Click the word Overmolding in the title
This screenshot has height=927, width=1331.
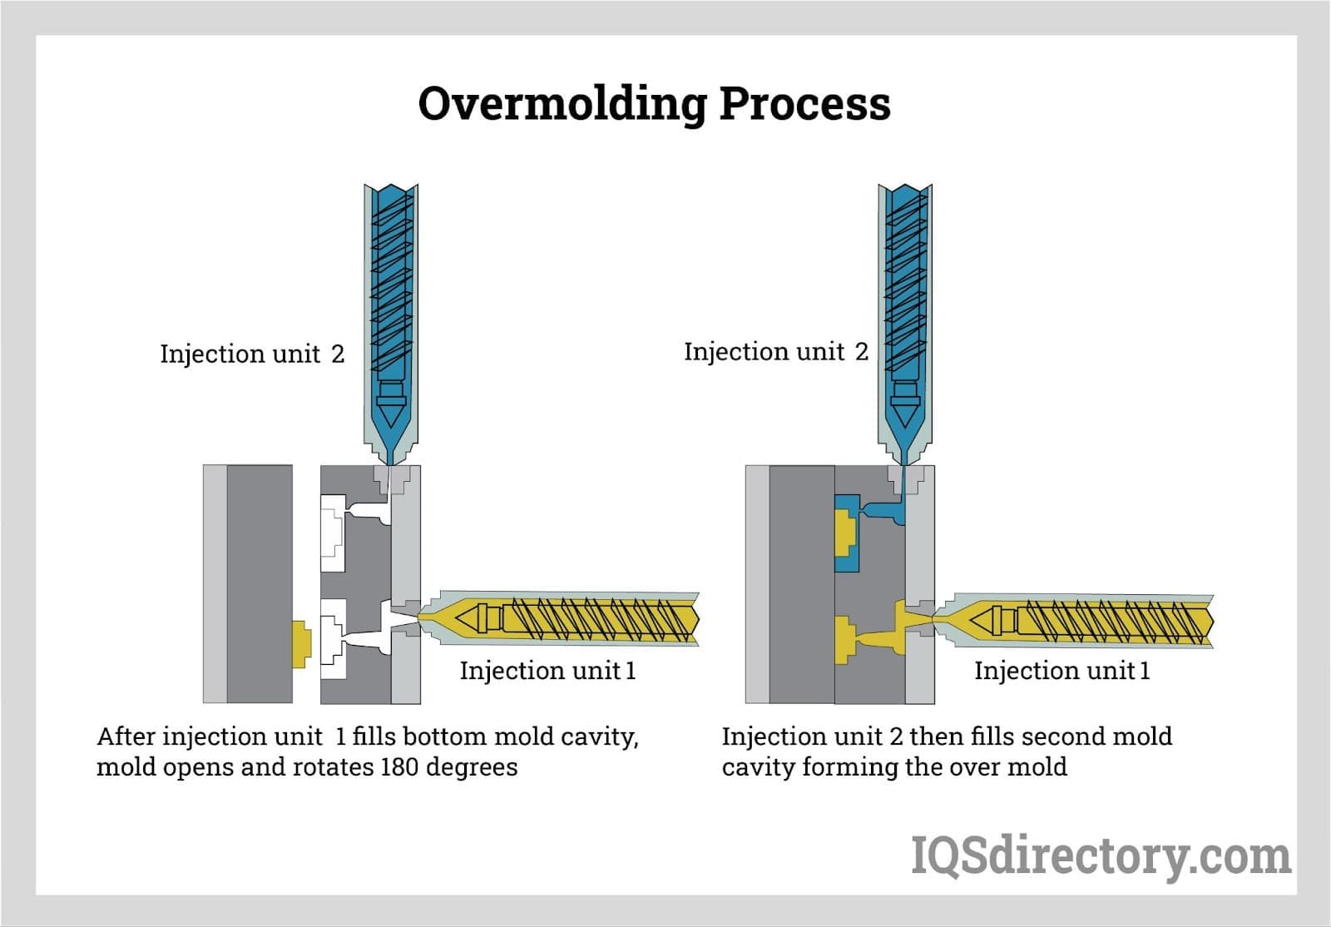(x=562, y=105)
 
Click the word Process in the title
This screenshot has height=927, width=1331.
(x=804, y=105)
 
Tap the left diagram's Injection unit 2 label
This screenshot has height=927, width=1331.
(x=251, y=354)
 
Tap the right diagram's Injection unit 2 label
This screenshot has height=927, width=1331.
(x=775, y=352)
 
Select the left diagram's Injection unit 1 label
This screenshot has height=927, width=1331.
(x=547, y=671)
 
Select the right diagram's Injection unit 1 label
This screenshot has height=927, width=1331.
(x=1061, y=671)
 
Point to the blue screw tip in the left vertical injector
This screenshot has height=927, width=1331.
(x=389, y=413)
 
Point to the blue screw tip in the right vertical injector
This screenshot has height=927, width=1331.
(x=904, y=413)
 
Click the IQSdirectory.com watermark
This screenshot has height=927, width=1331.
(x=1100, y=855)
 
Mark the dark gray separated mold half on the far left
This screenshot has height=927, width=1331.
(x=259, y=582)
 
